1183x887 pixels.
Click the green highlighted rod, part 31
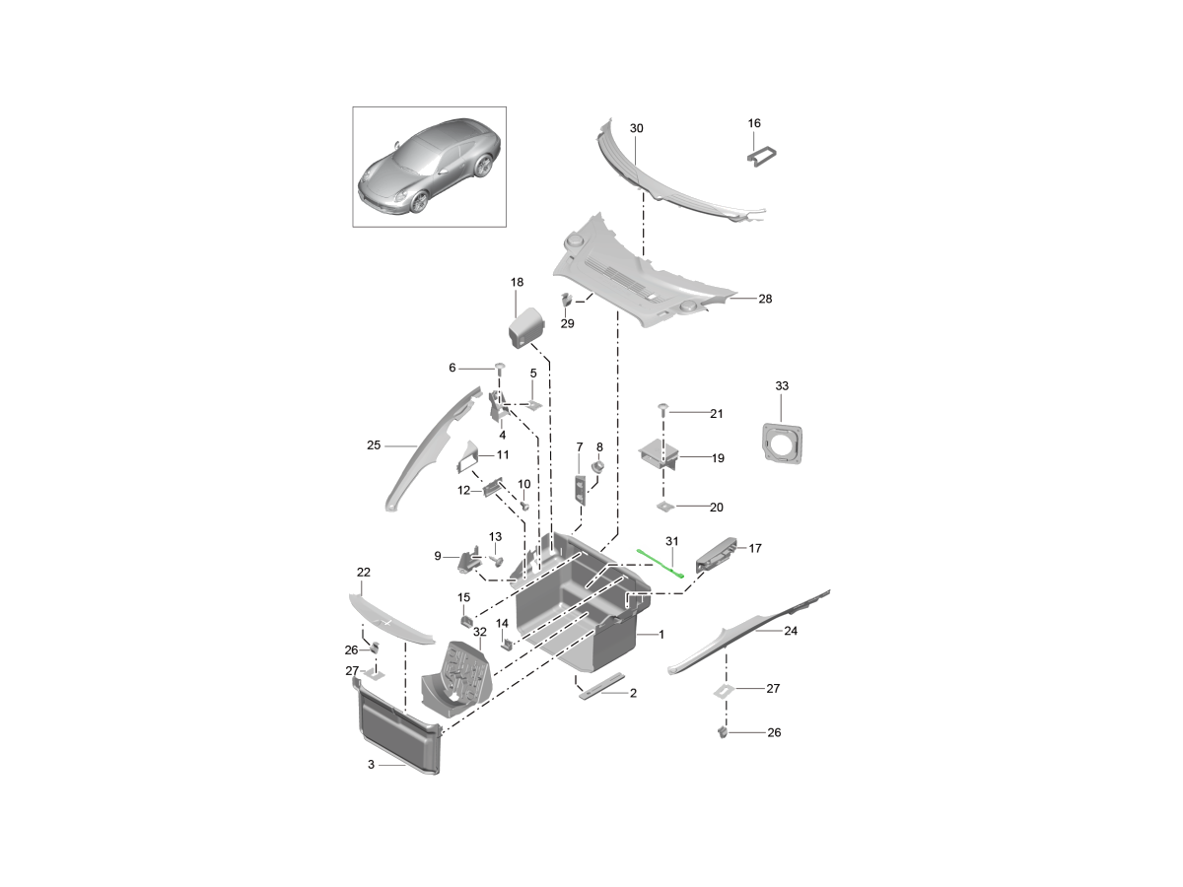(x=661, y=564)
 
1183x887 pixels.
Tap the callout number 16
(x=754, y=123)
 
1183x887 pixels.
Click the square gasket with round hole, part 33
(x=783, y=443)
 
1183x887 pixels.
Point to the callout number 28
(x=765, y=299)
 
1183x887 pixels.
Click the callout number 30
(x=637, y=128)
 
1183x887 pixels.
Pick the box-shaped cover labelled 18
(x=526, y=328)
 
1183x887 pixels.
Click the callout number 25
(x=374, y=445)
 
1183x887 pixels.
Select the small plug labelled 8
(x=597, y=466)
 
